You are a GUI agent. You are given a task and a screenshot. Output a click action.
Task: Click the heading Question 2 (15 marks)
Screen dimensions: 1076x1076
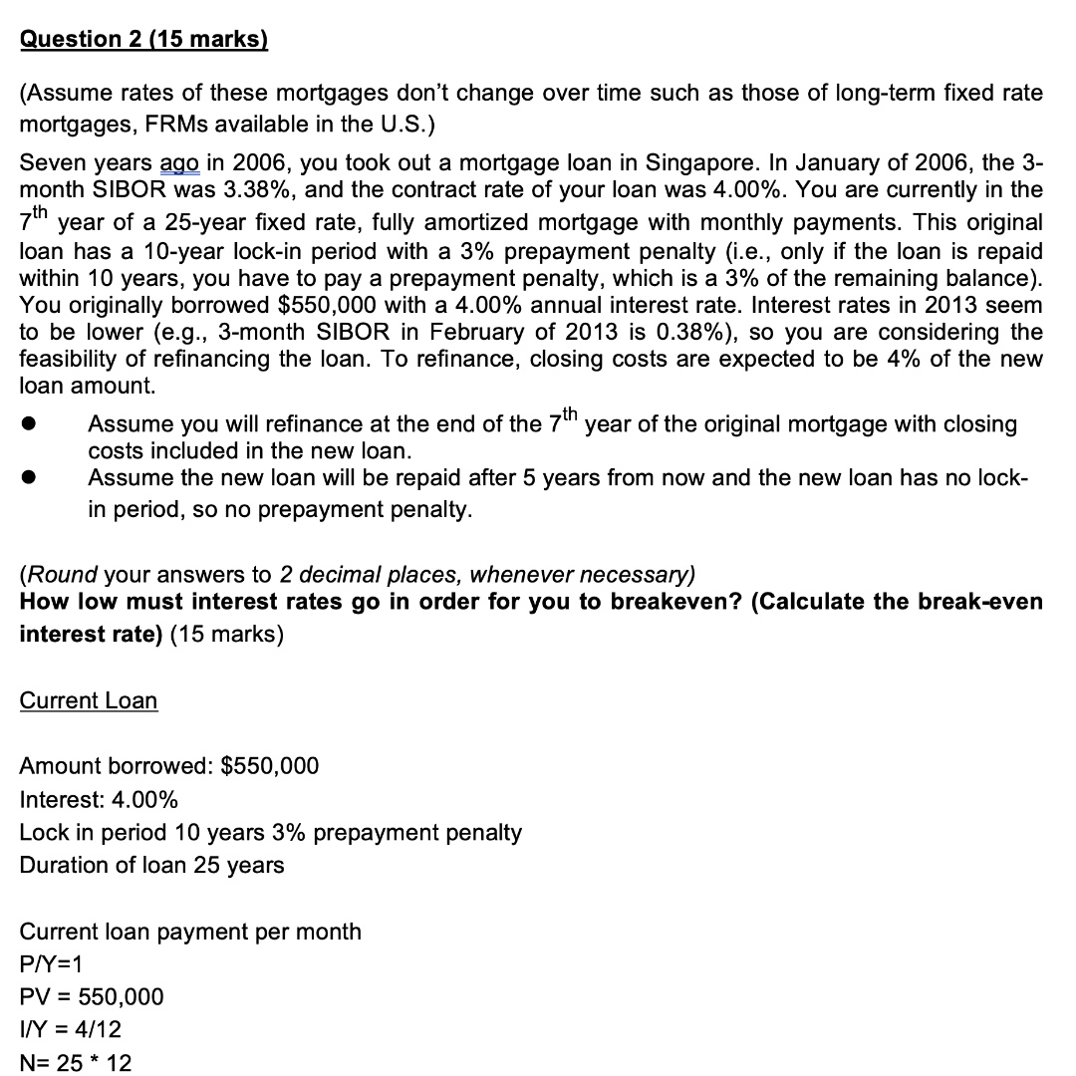(x=144, y=39)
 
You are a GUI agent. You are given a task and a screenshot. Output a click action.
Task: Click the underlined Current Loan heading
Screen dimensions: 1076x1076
(x=89, y=700)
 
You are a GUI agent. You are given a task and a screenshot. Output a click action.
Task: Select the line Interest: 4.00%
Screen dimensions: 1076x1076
(x=99, y=799)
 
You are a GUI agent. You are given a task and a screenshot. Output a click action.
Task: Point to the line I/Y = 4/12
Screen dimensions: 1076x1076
(x=70, y=1029)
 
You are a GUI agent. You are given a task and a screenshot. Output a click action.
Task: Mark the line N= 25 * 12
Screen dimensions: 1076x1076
(x=76, y=1062)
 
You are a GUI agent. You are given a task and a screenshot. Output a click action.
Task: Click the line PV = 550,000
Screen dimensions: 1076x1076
(x=92, y=996)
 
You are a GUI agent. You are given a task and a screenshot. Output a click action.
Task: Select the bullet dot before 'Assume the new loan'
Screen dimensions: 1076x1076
(x=31, y=478)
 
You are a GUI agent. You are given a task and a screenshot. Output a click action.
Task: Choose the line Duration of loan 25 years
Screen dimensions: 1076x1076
(x=151, y=865)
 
